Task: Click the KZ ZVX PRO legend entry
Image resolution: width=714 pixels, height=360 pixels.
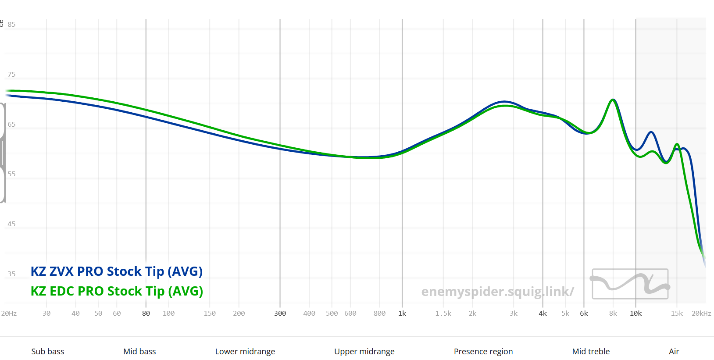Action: [117, 271]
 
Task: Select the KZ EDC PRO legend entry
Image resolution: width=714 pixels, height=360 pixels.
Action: [117, 291]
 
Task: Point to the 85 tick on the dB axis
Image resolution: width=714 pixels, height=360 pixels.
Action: [11, 25]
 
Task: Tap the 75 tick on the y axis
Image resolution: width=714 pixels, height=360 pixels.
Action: [11, 75]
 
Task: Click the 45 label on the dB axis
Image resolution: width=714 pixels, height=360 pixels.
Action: [11, 224]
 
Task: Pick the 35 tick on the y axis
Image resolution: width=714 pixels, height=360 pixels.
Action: [11, 274]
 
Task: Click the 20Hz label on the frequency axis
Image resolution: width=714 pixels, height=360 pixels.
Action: [9, 314]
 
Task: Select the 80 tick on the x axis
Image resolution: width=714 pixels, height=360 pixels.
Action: [146, 314]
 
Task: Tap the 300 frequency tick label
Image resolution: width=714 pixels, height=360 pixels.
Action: [280, 314]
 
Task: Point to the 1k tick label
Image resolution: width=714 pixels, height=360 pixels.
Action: [402, 314]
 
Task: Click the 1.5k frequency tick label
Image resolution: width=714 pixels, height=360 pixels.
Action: [443, 314]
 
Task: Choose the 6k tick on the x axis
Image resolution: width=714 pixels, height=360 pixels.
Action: [584, 314]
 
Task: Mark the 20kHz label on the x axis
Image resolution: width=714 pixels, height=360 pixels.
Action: [701, 314]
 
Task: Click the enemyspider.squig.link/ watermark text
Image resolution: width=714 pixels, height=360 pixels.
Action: [498, 292]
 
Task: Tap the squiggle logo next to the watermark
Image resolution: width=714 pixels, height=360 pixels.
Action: [630, 284]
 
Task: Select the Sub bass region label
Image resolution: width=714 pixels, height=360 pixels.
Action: [48, 352]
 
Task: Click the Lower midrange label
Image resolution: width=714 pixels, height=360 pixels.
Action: [245, 352]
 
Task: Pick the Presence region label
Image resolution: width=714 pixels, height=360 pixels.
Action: [483, 352]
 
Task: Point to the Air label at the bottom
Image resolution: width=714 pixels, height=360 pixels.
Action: [674, 352]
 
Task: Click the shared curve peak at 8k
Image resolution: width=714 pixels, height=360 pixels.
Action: [613, 100]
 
